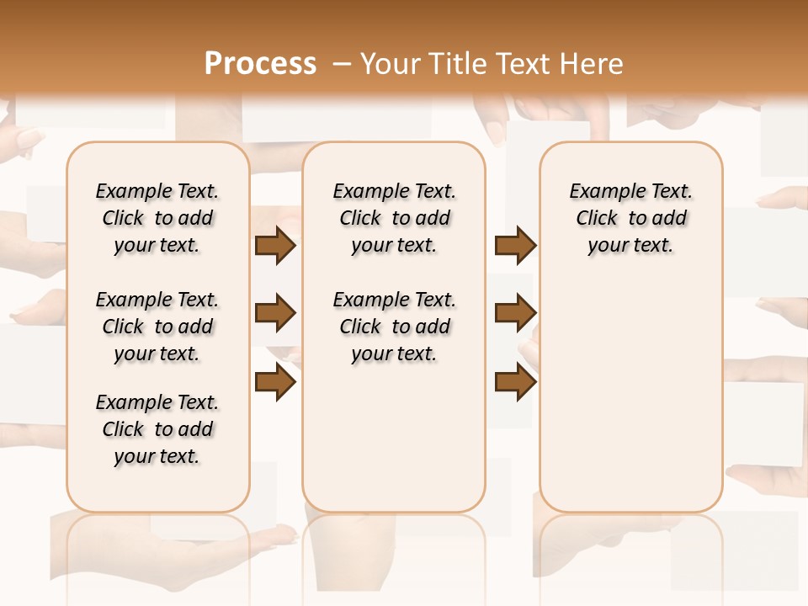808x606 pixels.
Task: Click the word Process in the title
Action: pos(260,63)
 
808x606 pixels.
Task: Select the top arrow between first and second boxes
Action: pos(275,246)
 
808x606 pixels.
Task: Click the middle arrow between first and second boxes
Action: pos(275,314)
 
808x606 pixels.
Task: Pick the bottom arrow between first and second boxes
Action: pos(275,383)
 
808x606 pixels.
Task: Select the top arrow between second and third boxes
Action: pos(515,246)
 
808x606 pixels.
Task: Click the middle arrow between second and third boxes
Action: pos(515,314)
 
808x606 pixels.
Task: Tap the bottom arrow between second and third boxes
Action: pos(515,383)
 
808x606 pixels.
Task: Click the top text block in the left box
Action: pos(157,218)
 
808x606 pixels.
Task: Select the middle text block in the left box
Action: pos(157,327)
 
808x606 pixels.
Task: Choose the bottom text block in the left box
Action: pos(157,429)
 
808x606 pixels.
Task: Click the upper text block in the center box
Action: pos(394,218)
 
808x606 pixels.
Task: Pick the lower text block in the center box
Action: pos(394,327)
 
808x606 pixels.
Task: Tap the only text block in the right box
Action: pos(631,218)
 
